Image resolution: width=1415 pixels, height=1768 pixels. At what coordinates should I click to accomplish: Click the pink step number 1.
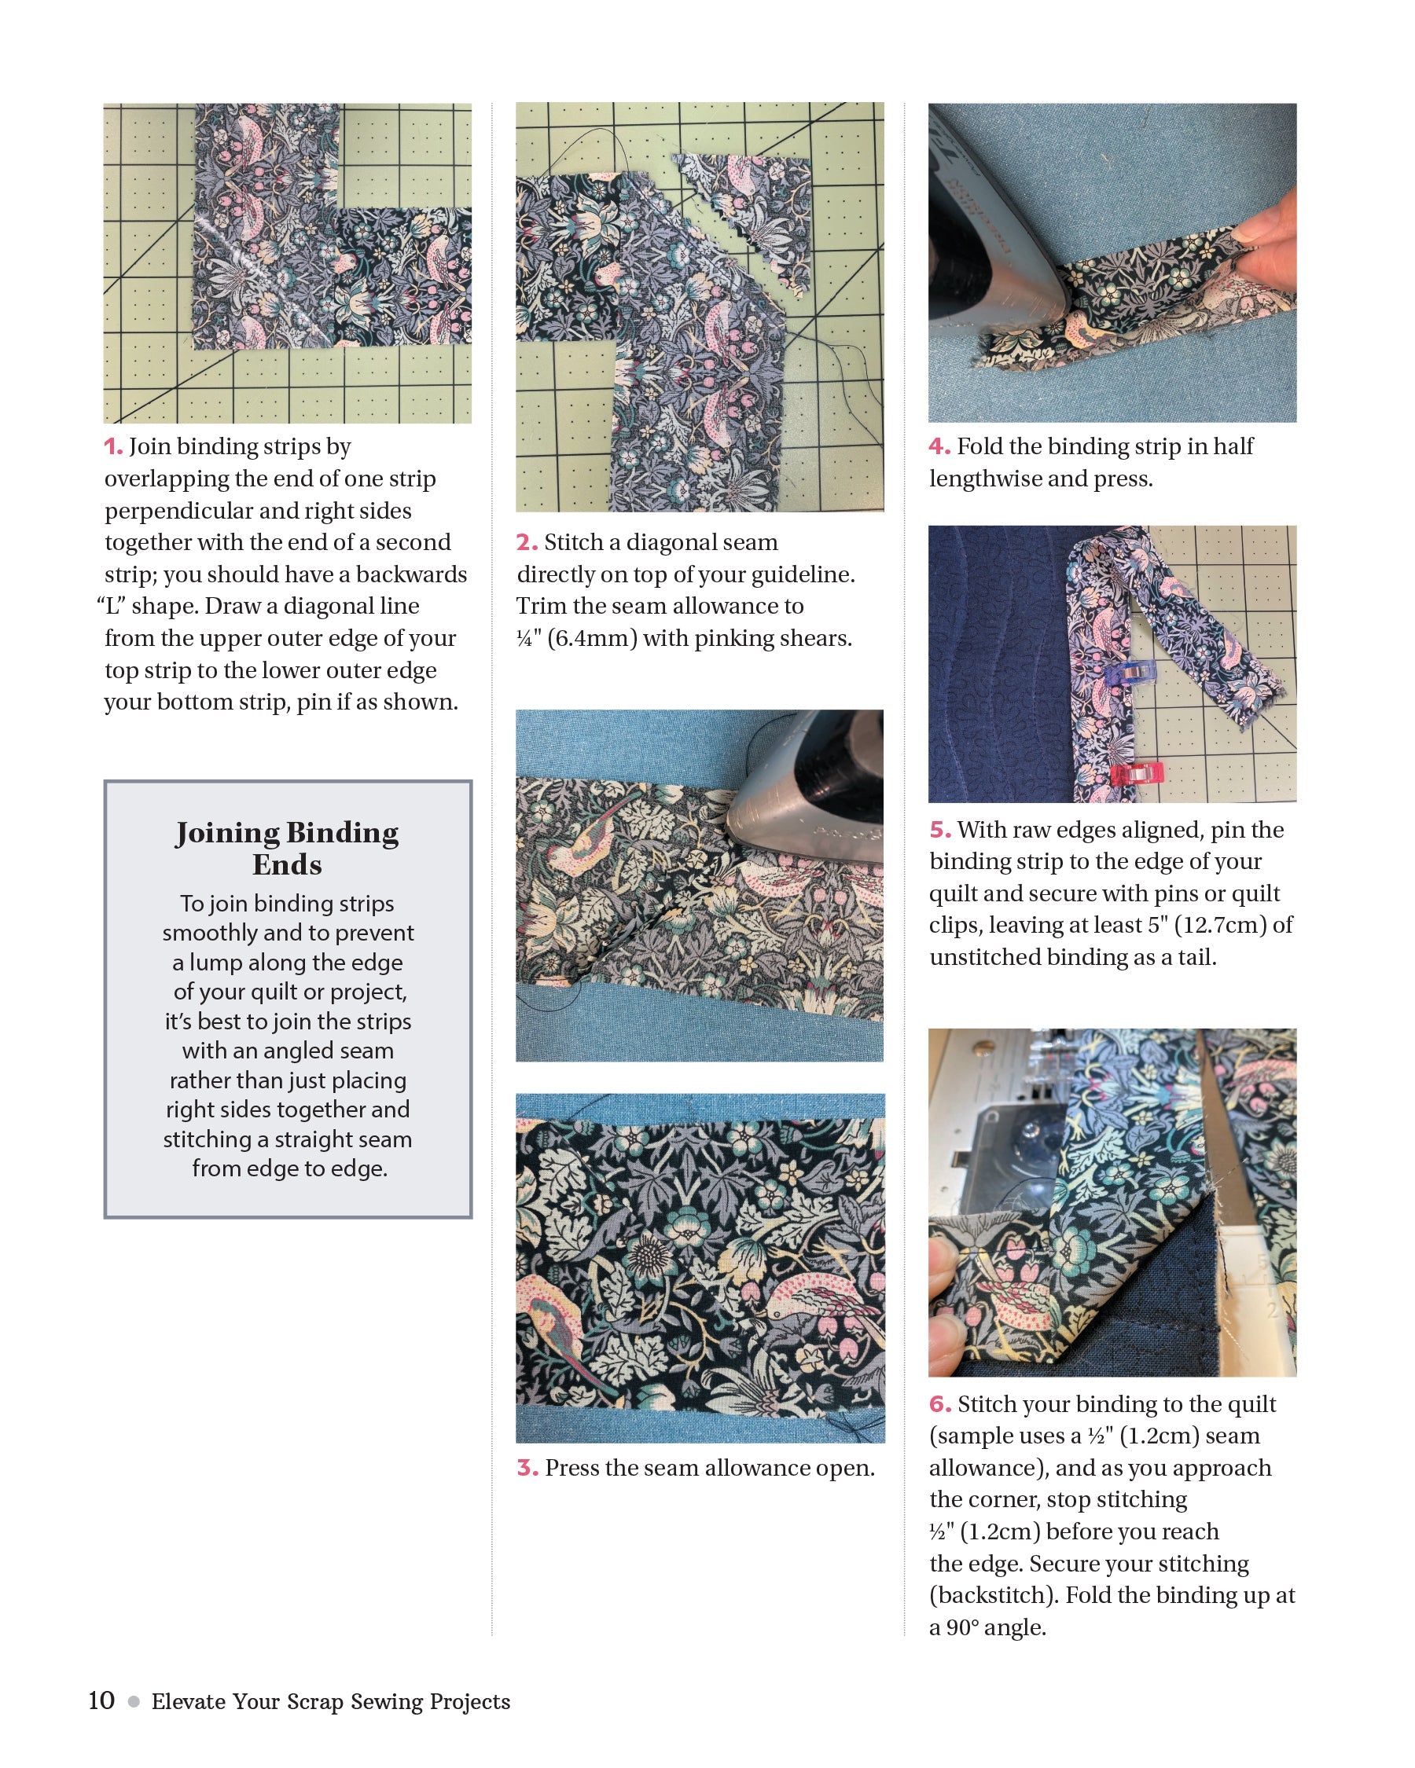pos(112,447)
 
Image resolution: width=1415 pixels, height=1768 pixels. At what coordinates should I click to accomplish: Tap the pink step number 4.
pos(939,447)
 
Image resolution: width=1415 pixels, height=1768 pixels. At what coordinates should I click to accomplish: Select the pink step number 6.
pos(939,1405)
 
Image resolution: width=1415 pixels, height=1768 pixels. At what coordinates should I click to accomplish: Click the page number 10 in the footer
pos(101,1700)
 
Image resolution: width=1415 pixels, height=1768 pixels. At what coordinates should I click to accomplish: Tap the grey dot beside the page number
pos(133,1701)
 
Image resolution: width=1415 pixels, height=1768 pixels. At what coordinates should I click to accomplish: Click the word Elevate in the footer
pos(189,1701)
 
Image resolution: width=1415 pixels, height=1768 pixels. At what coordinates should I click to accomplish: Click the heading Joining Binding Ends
pos(287,848)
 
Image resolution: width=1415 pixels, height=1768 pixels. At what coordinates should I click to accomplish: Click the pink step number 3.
pos(527,1468)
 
